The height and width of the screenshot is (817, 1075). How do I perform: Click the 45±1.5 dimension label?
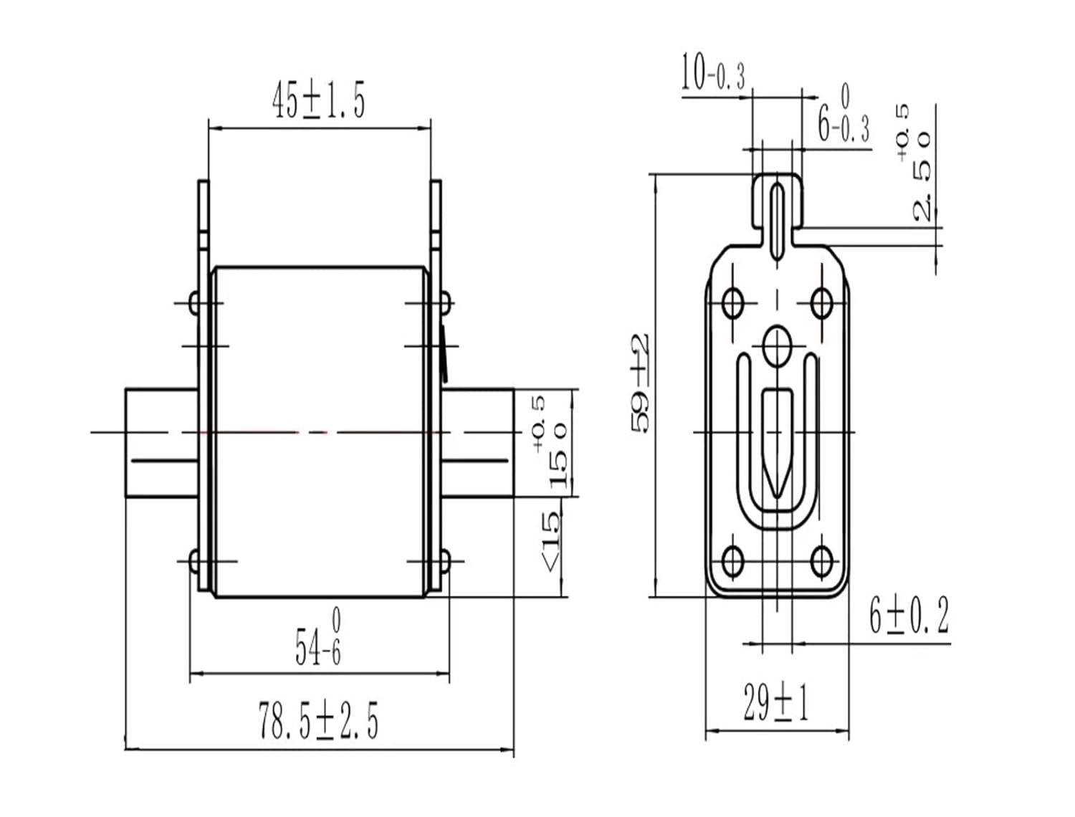[318, 100]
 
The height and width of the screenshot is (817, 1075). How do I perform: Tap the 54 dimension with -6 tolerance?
[318, 637]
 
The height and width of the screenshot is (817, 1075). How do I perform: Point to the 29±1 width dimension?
[776, 703]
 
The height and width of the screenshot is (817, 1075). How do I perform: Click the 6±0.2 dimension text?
[909, 616]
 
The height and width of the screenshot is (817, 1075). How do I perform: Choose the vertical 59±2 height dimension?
[641, 384]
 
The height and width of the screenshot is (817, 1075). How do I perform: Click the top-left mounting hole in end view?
[732, 303]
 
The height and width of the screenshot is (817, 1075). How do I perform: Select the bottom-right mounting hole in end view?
[822, 562]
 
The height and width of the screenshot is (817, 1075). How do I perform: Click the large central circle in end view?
[777, 347]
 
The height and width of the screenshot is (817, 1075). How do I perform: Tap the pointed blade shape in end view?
[777, 441]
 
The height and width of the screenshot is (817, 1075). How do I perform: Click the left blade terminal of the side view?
[161, 443]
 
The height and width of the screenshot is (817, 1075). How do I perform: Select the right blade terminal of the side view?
[478, 443]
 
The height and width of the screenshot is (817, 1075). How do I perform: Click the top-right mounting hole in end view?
[822, 303]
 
